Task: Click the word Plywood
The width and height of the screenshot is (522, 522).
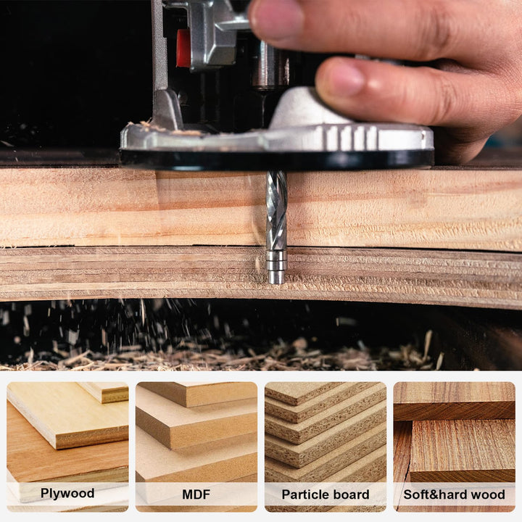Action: [x=67, y=494]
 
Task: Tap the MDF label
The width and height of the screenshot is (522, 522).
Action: [x=196, y=494]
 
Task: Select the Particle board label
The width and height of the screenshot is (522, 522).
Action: [x=325, y=494]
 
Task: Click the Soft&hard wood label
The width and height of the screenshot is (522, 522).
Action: [x=454, y=494]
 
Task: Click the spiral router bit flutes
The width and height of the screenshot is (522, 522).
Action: [x=276, y=210]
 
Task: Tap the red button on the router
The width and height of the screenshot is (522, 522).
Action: [x=183, y=48]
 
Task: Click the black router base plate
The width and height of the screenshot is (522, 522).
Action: [x=275, y=158]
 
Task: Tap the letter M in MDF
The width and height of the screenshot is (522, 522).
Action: [x=186, y=494]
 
